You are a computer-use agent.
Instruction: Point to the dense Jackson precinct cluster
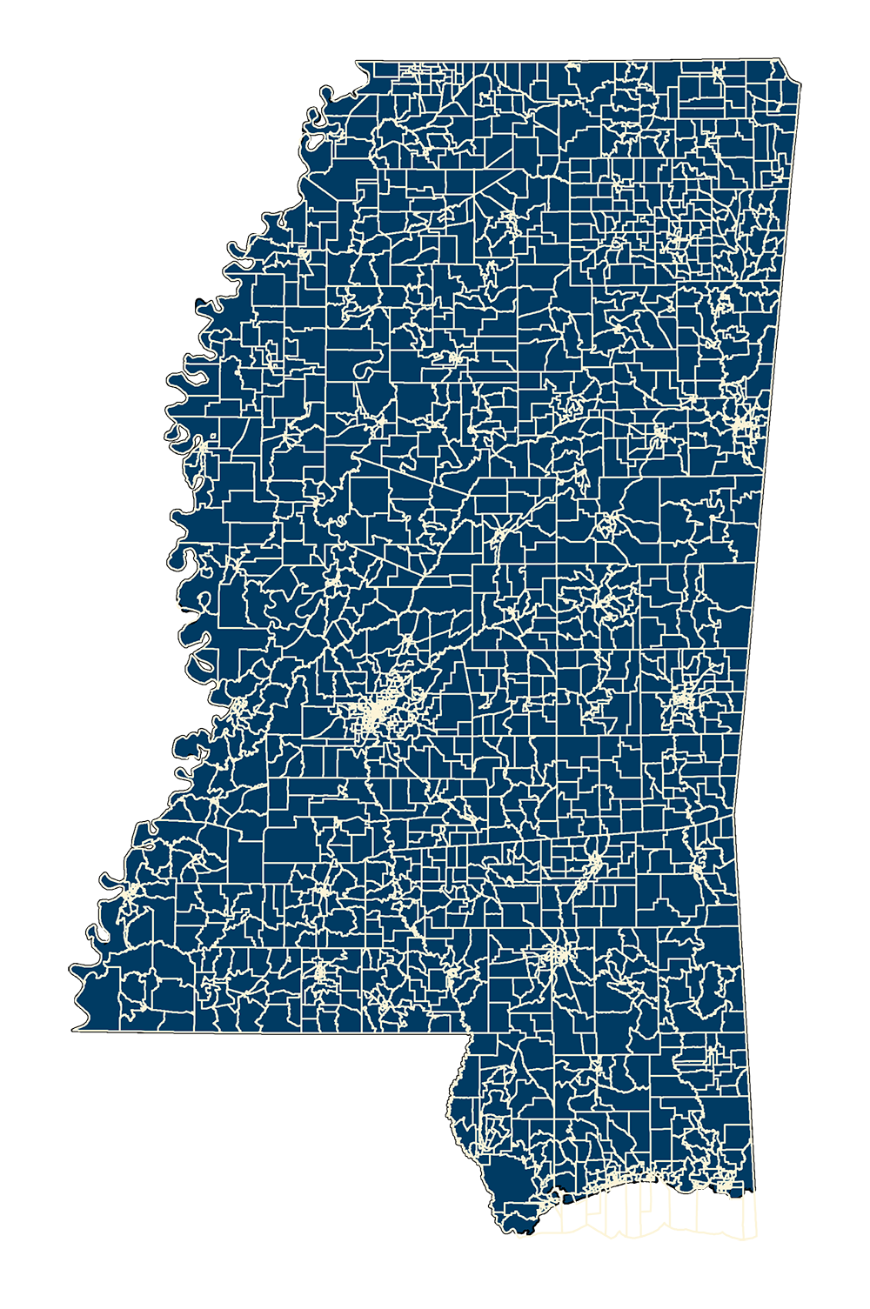[x=376, y=715]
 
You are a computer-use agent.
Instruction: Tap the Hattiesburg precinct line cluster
[x=554, y=957]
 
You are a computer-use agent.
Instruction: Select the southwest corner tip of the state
[x=74, y=1029]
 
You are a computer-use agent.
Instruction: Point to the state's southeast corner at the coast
[x=753, y=1190]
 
